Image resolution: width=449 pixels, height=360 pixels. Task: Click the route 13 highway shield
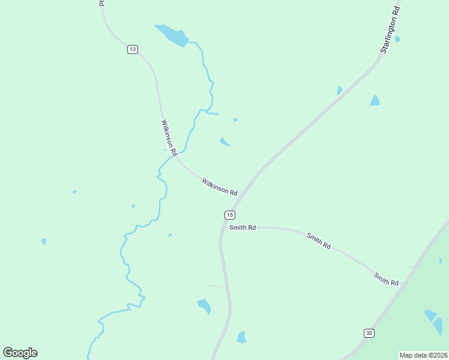pyautogui.click(x=133, y=49)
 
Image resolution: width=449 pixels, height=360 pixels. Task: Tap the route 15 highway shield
pyautogui.click(x=230, y=215)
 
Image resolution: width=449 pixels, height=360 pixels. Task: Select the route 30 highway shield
pyautogui.click(x=369, y=333)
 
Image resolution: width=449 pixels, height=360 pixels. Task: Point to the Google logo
pyautogui.click(x=20, y=353)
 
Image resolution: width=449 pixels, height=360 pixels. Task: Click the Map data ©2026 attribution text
pyautogui.click(x=424, y=355)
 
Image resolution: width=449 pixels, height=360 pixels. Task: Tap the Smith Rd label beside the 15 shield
pyautogui.click(x=243, y=227)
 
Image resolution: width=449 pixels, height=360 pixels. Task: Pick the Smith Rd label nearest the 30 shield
pyautogui.click(x=386, y=279)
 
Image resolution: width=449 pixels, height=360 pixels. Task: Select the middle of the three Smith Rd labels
pyautogui.click(x=319, y=241)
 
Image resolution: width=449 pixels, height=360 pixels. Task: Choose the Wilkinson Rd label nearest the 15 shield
pyautogui.click(x=220, y=186)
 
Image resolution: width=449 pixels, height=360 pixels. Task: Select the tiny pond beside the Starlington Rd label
pyautogui.click(x=397, y=39)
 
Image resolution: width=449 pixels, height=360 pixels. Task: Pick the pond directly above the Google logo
pyautogui.click(x=43, y=241)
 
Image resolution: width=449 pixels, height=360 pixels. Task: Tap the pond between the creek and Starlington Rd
pyautogui.click(x=224, y=142)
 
